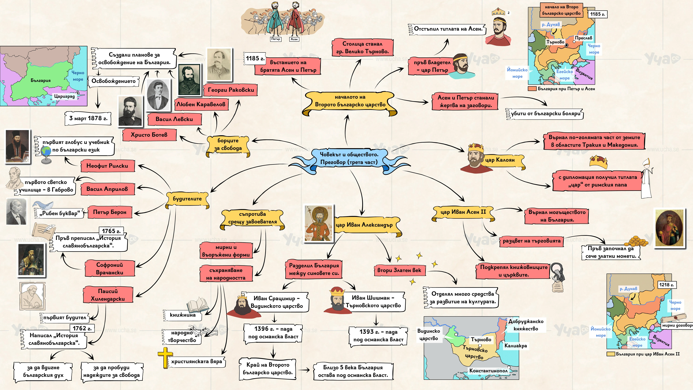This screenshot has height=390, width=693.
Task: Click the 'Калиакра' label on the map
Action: [515, 346]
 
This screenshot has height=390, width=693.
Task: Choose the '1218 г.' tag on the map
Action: [666, 285]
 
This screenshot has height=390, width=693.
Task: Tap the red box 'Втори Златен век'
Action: [399, 270]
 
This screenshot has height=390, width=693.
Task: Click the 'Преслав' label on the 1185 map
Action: [583, 38]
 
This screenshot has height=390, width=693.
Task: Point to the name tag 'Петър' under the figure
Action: [275, 39]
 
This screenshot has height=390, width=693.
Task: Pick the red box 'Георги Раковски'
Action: [231, 90]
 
